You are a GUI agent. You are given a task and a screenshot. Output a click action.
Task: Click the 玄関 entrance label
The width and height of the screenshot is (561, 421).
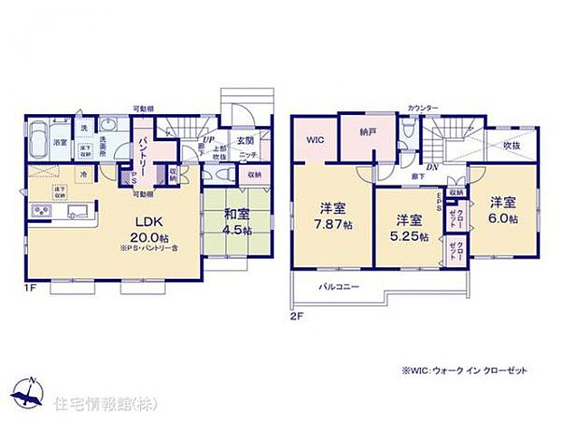(245, 141)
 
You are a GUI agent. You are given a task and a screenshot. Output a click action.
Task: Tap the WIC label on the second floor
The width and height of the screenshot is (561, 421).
(316, 139)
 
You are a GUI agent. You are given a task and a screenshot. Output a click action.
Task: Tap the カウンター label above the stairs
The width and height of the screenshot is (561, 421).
(423, 108)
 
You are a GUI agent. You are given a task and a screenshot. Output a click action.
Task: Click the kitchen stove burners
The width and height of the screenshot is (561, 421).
(41, 212)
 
